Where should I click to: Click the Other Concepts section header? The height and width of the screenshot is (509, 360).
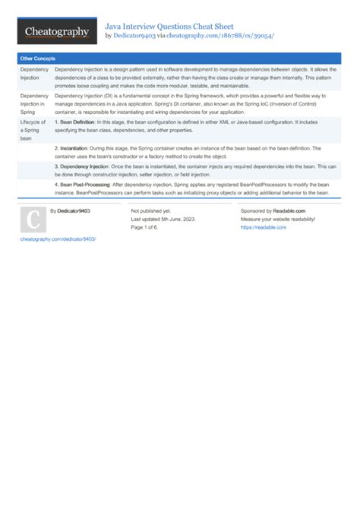coord(38,58)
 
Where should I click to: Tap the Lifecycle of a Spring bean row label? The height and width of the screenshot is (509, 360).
coord(33,130)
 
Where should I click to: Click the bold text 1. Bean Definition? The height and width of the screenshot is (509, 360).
coord(74,122)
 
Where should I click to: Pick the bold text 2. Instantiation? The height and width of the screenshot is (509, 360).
coord(71,148)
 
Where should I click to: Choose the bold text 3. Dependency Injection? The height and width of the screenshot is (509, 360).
coord(81,166)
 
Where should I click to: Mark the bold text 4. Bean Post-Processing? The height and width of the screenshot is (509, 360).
coord(84,185)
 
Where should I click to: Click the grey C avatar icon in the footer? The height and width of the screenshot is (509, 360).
coord(33,220)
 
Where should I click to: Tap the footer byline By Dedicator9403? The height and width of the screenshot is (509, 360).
coord(70,210)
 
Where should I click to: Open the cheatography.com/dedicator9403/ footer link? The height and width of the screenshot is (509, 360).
coord(58,239)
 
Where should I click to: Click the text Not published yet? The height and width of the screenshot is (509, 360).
coord(150,210)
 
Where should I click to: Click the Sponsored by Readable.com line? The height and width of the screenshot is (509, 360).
coord(273,210)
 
